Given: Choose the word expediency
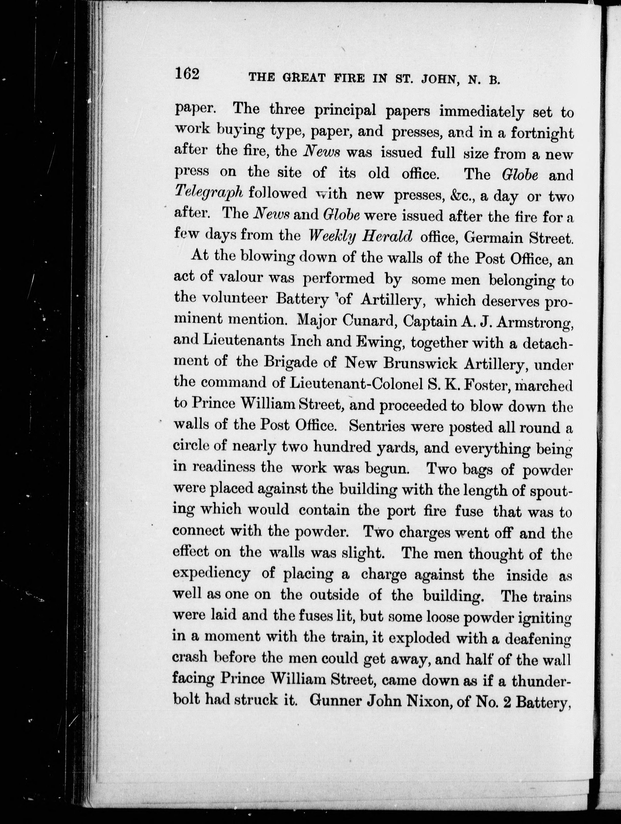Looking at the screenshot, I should click(211, 574).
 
